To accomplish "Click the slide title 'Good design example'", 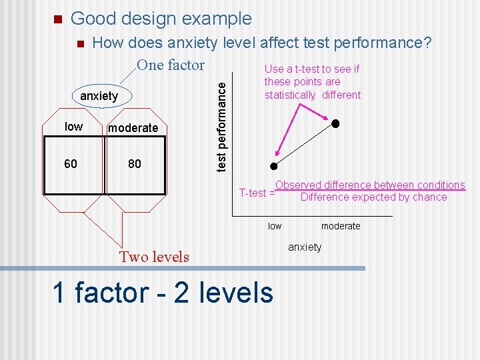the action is [161, 19].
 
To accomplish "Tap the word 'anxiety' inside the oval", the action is [99, 96].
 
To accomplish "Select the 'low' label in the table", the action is [73, 127].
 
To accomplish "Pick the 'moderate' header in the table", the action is [133, 127].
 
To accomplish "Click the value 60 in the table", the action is [71, 163].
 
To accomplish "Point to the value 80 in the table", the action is [135, 163].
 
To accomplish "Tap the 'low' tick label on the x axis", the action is [275, 226].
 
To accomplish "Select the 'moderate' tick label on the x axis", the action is [341, 226].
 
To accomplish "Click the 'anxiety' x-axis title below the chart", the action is [305, 247].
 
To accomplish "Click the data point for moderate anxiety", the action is [336, 124].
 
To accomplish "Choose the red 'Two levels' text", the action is [154, 257].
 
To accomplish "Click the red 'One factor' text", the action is [171, 65].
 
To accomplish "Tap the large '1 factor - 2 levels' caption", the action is [163, 292].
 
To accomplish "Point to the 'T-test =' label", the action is [257, 193].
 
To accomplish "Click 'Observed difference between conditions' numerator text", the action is [370, 185].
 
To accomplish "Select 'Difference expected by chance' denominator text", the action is [373, 197].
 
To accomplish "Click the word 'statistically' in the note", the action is [290, 95].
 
